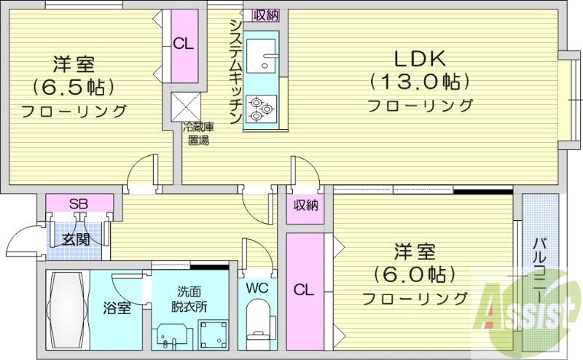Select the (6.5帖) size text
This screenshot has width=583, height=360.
tap(73, 87)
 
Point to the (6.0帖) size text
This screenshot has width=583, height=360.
tap(415, 275)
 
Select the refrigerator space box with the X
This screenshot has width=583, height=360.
tap(184, 107)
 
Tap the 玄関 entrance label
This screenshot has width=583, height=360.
tap(75, 238)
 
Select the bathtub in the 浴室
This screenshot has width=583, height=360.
tap(67, 309)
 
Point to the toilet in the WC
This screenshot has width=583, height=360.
tap(257, 321)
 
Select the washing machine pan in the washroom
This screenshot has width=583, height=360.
tap(213, 334)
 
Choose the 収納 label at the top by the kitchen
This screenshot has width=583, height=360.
tap(265, 15)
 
